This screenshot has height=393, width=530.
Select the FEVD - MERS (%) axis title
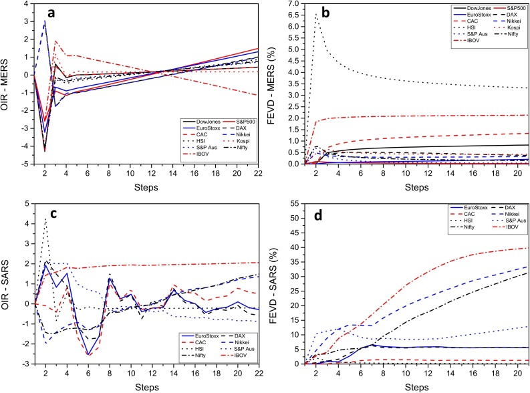point(276,83)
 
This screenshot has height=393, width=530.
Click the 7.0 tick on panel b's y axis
point(296,5)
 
